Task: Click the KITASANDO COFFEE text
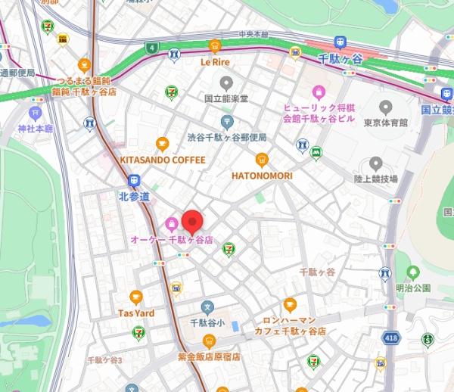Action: (162, 160)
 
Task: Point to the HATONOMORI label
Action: (261, 175)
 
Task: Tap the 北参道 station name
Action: (135, 196)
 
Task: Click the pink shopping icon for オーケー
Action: (172, 224)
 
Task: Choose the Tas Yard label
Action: (136, 313)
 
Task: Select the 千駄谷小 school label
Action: (207, 323)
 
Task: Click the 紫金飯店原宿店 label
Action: (209, 356)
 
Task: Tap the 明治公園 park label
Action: (412, 288)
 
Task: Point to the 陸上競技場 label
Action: (376, 179)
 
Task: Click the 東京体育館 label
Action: (386, 122)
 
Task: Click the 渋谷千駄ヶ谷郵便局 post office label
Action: (227, 137)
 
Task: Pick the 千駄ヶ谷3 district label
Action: (104, 359)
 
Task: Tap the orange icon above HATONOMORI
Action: (261, 159)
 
